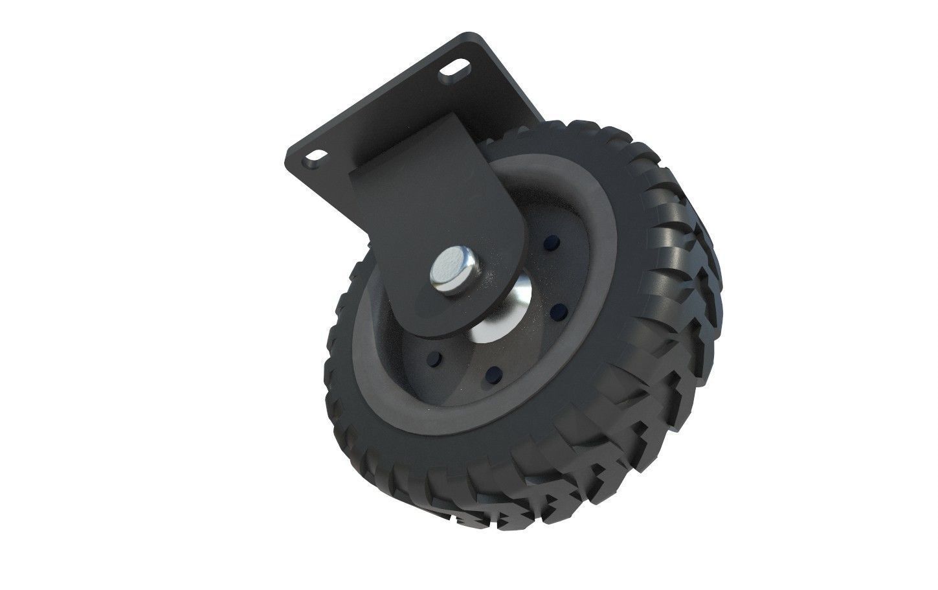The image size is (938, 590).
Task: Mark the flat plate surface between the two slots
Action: (388, 110)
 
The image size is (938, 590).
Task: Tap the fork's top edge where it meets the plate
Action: (414, 148)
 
